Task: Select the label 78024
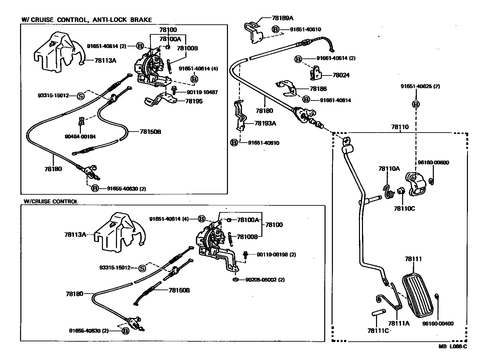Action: [x=341, y=75]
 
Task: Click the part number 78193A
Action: [x=265, y=123]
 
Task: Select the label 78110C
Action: [x=404, y=208]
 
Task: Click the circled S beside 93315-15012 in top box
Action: [x=81, y=96]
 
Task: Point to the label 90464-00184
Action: [x=80, y=136]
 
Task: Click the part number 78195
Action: [x=194, y=101]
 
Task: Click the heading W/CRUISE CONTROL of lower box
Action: [x=50, y=201]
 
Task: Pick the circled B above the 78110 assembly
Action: [x=416, y=105]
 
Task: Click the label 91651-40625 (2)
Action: [x=420, y=86]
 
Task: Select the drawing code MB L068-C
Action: [x=453, y=347]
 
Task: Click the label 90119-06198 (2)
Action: [x=276, y=254]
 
